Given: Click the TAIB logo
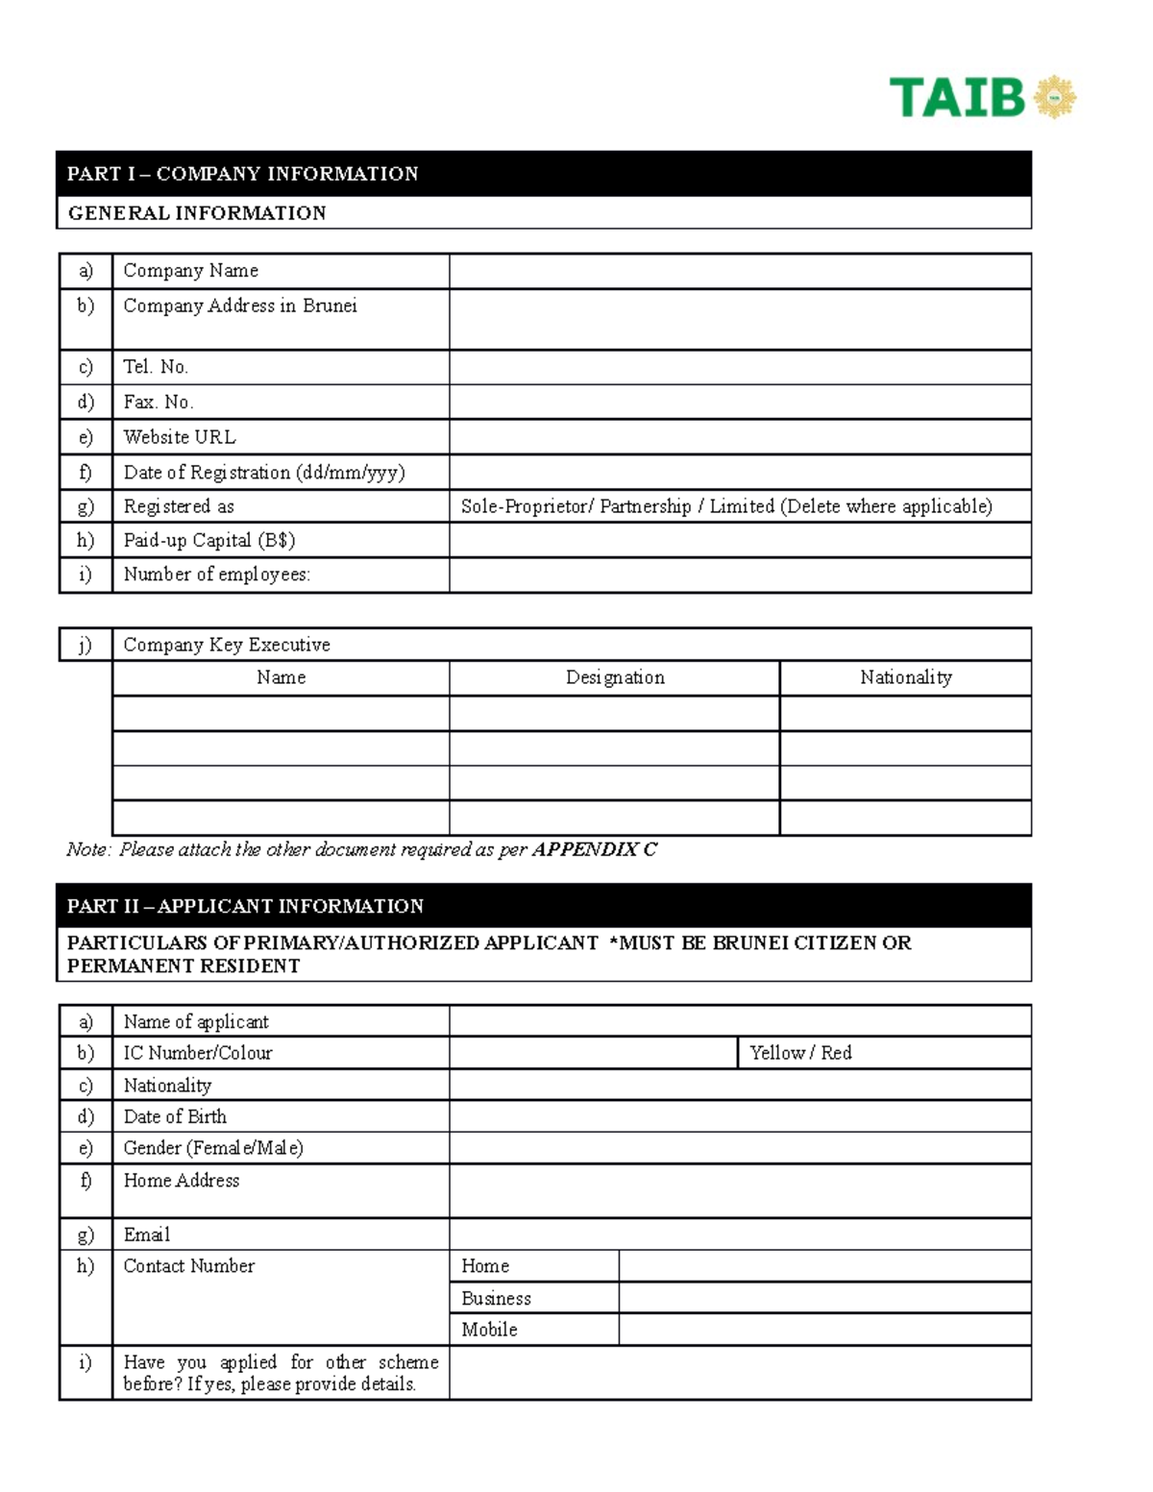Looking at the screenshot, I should click(981, 97).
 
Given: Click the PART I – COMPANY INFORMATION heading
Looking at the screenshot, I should click(242, 174).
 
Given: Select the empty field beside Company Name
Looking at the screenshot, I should click(739, 271).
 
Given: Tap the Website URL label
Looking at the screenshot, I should click(180, 437).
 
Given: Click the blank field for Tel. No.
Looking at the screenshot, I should click(739, 367).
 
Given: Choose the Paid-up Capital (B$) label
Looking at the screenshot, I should click(209, 540).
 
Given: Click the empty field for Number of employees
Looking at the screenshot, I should click(739, 575).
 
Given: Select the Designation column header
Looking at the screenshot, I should click(615, 677).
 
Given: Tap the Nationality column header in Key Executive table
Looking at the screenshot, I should click(905, 677).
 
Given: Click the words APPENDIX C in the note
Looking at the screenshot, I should click(595, 849).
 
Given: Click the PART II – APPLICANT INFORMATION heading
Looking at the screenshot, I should click(245, 906).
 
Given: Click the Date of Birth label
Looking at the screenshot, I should click(175, 1116).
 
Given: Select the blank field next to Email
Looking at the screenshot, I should click(739, 1235).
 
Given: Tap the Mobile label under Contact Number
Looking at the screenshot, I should click(489, 1330).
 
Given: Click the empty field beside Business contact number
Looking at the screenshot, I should click(824, 1298).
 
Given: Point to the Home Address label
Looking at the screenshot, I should click(181, 1181).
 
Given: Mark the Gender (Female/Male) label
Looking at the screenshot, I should click(213, 1148).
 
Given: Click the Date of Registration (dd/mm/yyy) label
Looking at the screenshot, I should click(264, 473).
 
